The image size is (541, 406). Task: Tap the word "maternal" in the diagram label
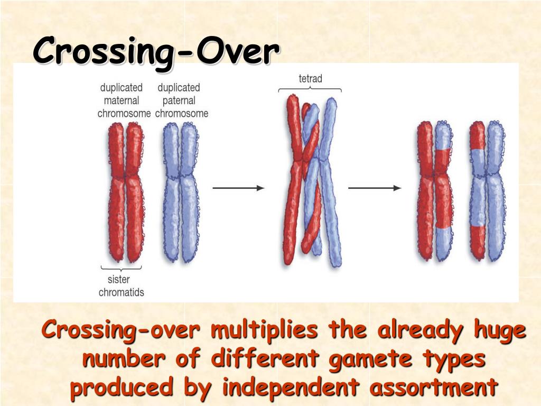pyautogui.click(x=121, y=100)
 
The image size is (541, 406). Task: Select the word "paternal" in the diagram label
pyautogui.click(x=179, y=100)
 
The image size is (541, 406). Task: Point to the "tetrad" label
pyautogui.click(x=310, y=79)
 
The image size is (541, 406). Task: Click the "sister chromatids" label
pyautogui.click(x=121, y=285)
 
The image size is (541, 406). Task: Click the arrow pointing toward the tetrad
pyautogui.click(x=238, y=188)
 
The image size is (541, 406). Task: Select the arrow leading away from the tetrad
pyautogui.click(x=375, y=188)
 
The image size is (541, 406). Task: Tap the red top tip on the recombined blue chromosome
pyautogui.click(x=478, y=135)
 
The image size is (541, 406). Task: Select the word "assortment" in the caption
pyautogui.click(x=434, y=387)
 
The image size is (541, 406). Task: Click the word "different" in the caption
pyautogui.click(x=265, y=359)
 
